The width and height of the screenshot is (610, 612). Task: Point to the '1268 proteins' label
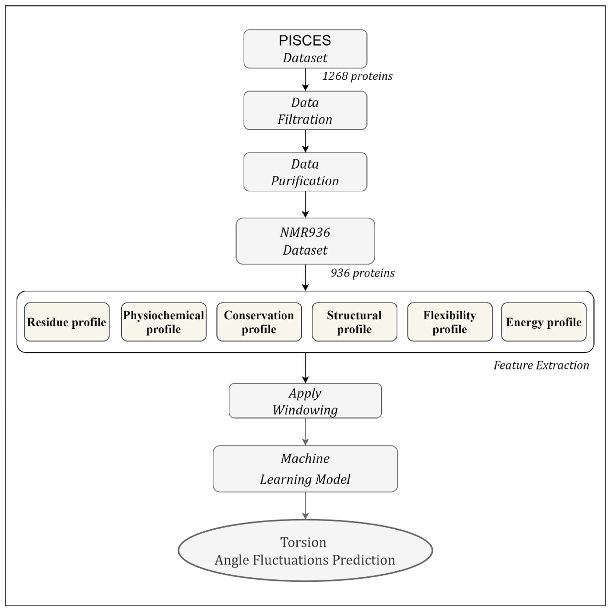[357, 76]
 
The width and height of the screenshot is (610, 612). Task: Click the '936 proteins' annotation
[362, 273]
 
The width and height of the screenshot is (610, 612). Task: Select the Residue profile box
[67, 322]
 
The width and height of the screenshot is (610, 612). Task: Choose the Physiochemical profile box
[164, 322]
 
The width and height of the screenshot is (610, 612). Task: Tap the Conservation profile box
[259, 322]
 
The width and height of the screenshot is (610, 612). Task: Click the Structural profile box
[354, 322]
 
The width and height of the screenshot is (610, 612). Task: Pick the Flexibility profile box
[450, 322]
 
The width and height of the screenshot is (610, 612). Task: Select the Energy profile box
[544, 322]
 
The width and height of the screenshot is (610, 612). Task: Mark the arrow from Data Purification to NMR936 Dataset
[305, 204]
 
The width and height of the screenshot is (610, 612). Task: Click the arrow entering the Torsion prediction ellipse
[305, 506]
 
